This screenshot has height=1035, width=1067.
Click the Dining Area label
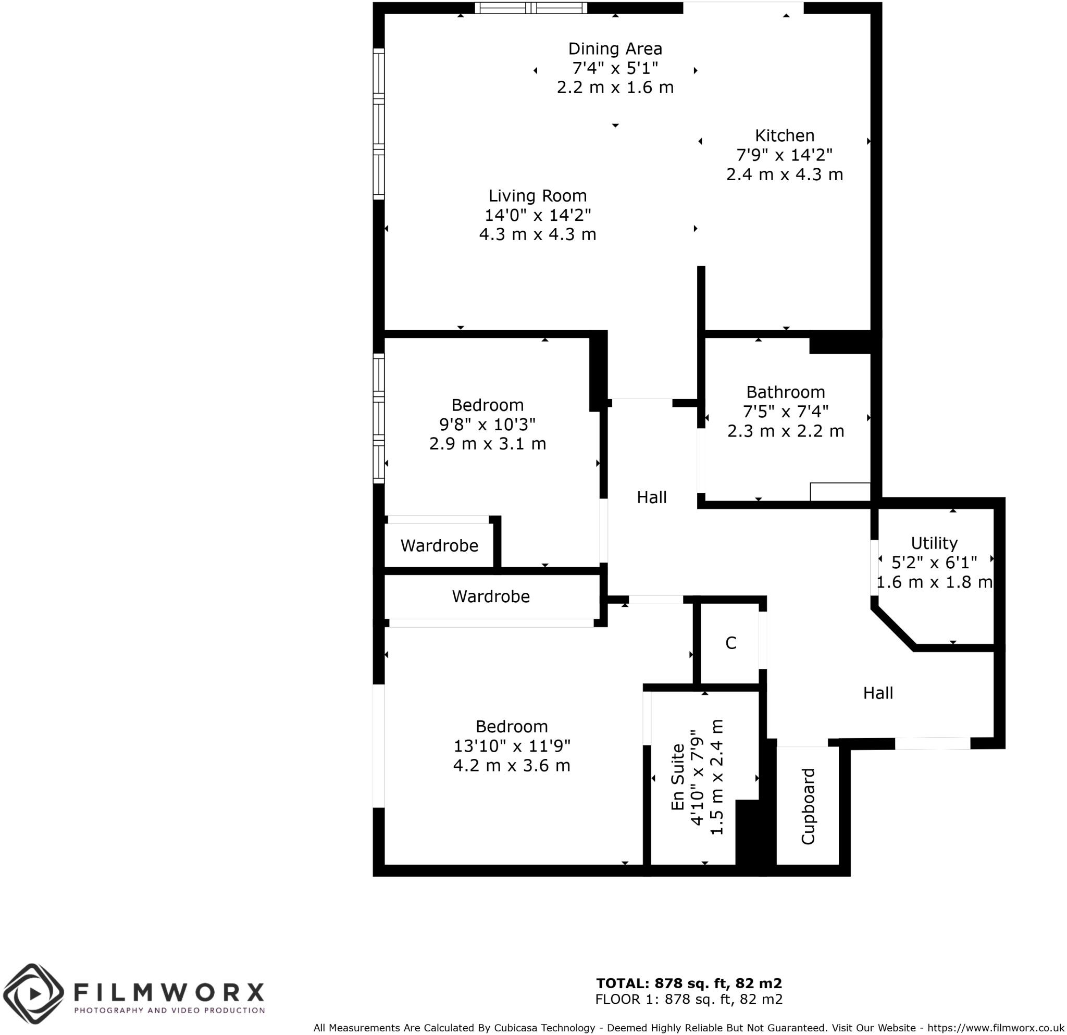click(x=615, y=49)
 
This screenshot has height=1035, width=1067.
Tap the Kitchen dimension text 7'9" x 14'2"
click(x=785, y=155)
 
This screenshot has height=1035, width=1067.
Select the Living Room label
click(x=537, y=196)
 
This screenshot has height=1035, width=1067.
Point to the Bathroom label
click(x=785, y=392)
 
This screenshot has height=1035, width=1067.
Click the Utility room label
click(x=934, y=543)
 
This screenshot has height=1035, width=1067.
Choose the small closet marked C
click(x=730, y=643)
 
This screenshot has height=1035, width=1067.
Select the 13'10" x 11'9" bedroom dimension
click(x=512, y=746)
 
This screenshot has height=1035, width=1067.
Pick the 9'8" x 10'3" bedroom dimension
click(x=487, y=424)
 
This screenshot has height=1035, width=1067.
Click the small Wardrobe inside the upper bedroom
click(x=439, y=546)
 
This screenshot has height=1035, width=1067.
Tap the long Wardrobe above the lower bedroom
click(x=490, y=596)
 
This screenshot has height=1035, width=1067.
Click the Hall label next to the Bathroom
click(x=652, y=497)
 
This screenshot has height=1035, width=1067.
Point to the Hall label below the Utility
click(x=877, y=693)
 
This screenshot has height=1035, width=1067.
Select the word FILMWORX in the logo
click(x=169, y=992)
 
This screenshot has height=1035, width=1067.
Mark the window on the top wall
click(x=531, y=8)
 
